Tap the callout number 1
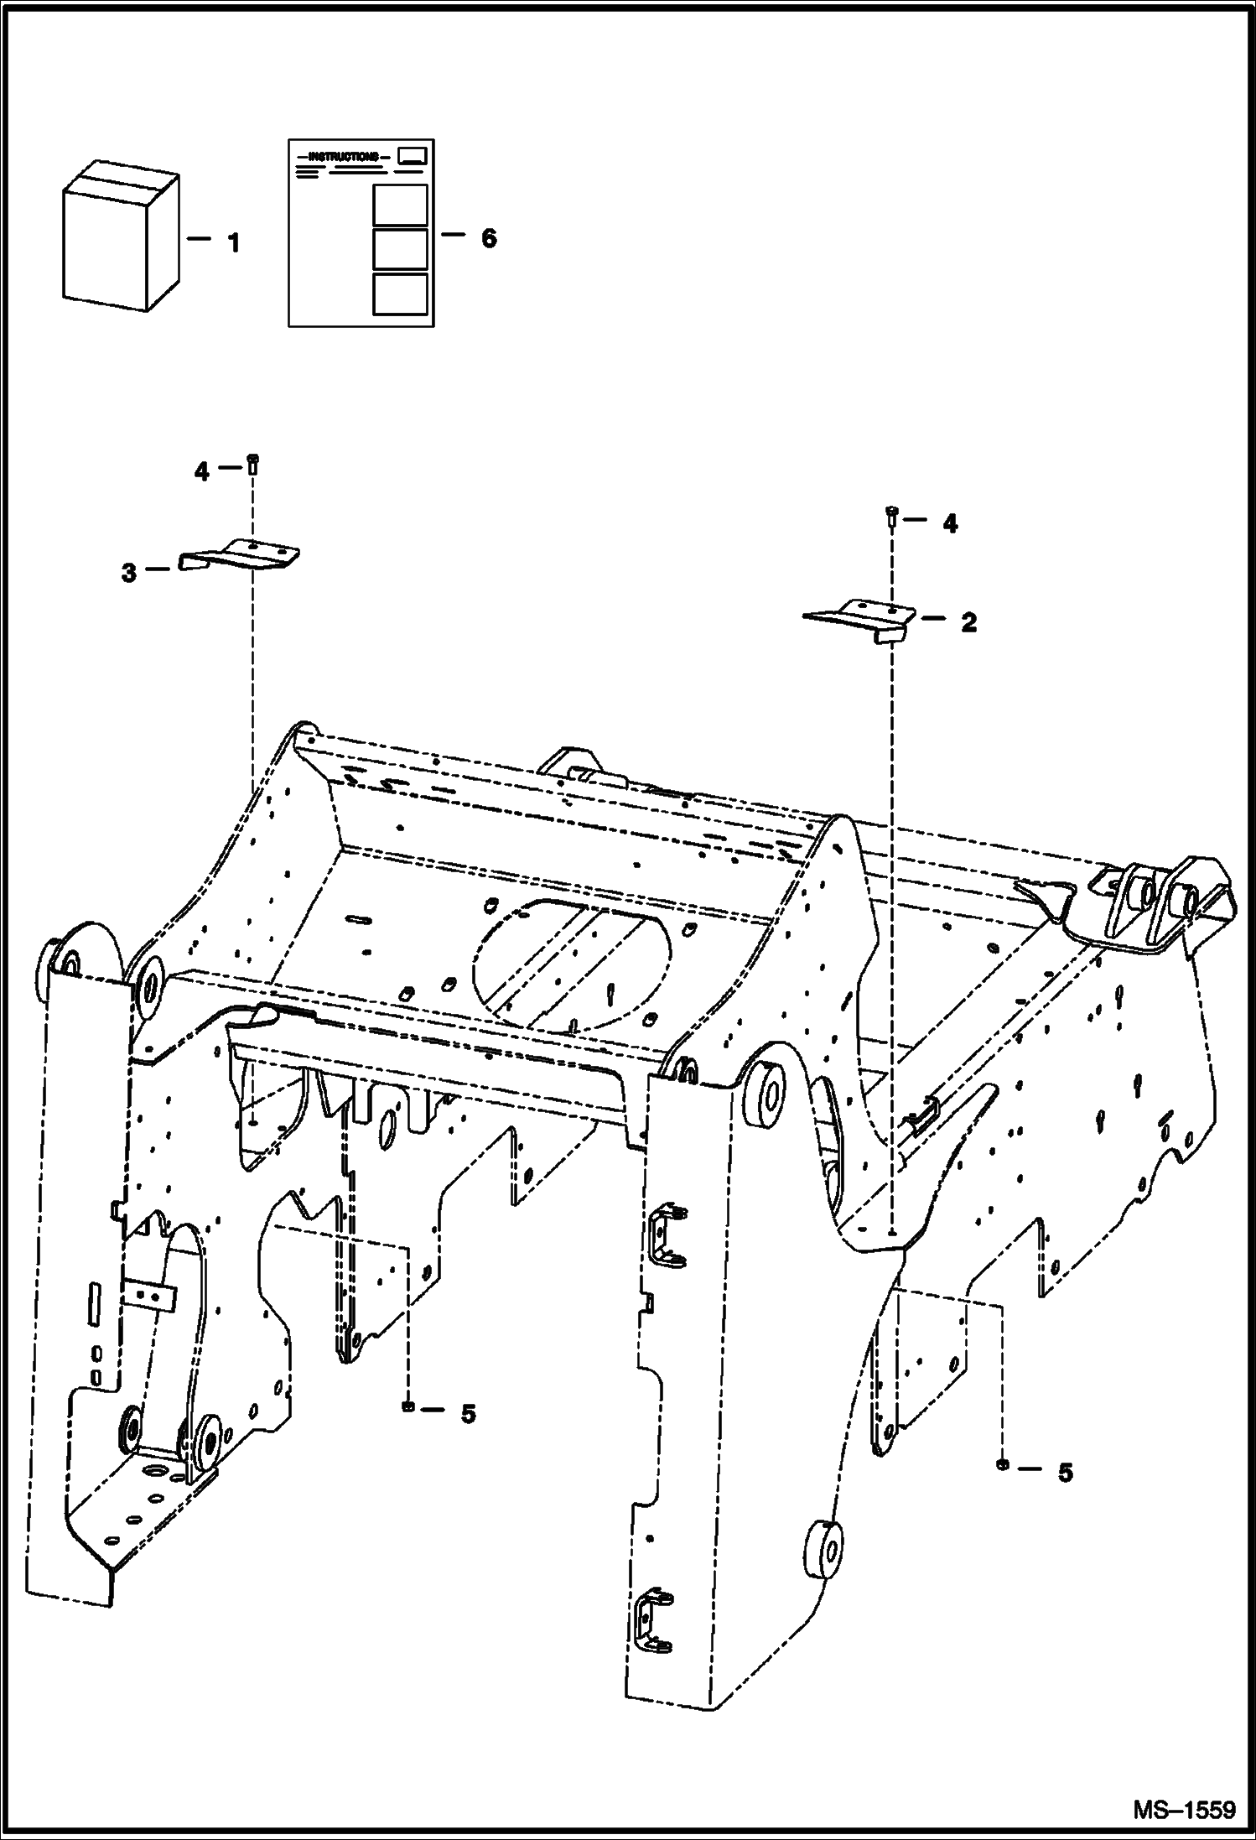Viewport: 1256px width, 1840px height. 234,244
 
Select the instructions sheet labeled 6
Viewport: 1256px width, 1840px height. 361,233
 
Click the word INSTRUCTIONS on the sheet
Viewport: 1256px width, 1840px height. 343,157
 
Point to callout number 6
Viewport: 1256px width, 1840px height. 488,238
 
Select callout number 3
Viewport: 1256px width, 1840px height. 128,574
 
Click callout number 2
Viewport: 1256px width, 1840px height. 968,622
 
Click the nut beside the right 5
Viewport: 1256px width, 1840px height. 1002,1464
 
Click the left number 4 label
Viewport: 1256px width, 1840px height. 201,472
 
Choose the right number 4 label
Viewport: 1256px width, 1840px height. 948,523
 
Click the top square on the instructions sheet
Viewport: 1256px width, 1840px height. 400,205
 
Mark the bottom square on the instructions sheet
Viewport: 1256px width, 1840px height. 400,294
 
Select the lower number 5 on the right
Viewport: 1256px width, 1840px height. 1065,1473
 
